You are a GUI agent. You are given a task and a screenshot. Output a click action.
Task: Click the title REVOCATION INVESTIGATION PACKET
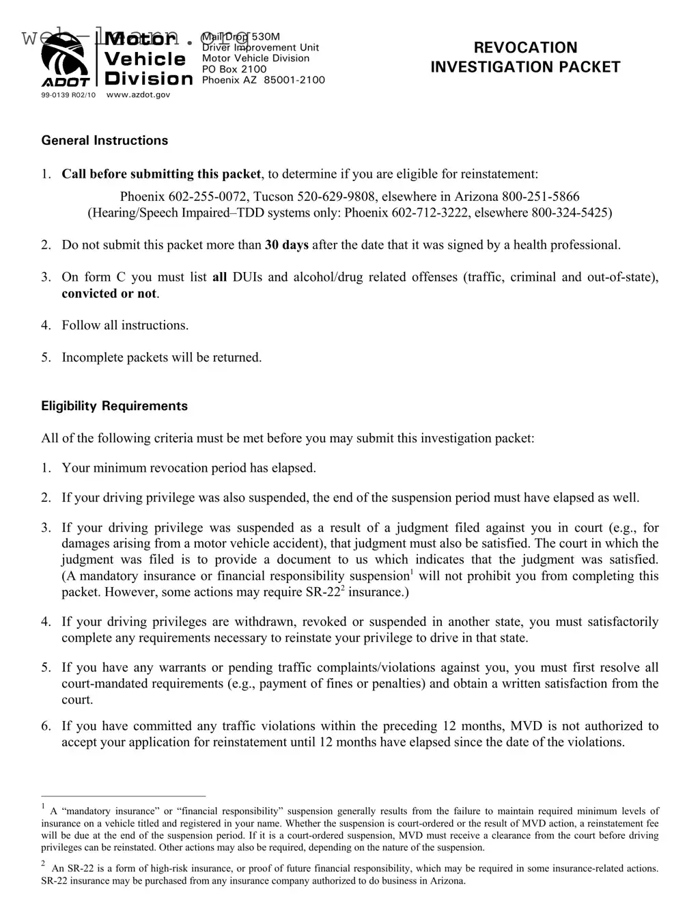click(524, 57)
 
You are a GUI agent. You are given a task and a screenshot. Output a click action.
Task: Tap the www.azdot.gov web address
click(139, 94)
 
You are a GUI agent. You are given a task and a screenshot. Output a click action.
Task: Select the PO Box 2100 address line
click(234, 69)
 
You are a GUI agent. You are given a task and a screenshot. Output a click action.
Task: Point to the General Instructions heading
click(104, 141)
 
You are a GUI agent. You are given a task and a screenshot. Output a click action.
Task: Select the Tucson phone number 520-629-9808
click(329, 197)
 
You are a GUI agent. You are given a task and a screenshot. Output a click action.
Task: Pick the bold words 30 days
click(286, 245)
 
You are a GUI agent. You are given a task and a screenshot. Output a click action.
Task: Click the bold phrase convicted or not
click(109, 293)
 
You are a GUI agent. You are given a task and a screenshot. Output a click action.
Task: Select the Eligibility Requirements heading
click(114, 406)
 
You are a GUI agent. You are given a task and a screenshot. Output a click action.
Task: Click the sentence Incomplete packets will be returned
click(162, 357)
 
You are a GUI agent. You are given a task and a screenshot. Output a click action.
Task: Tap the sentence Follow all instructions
click(125, 325)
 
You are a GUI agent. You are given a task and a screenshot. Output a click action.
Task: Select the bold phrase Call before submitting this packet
click(161, 174)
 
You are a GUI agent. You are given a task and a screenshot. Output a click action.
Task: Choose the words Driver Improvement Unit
click(260, 47)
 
